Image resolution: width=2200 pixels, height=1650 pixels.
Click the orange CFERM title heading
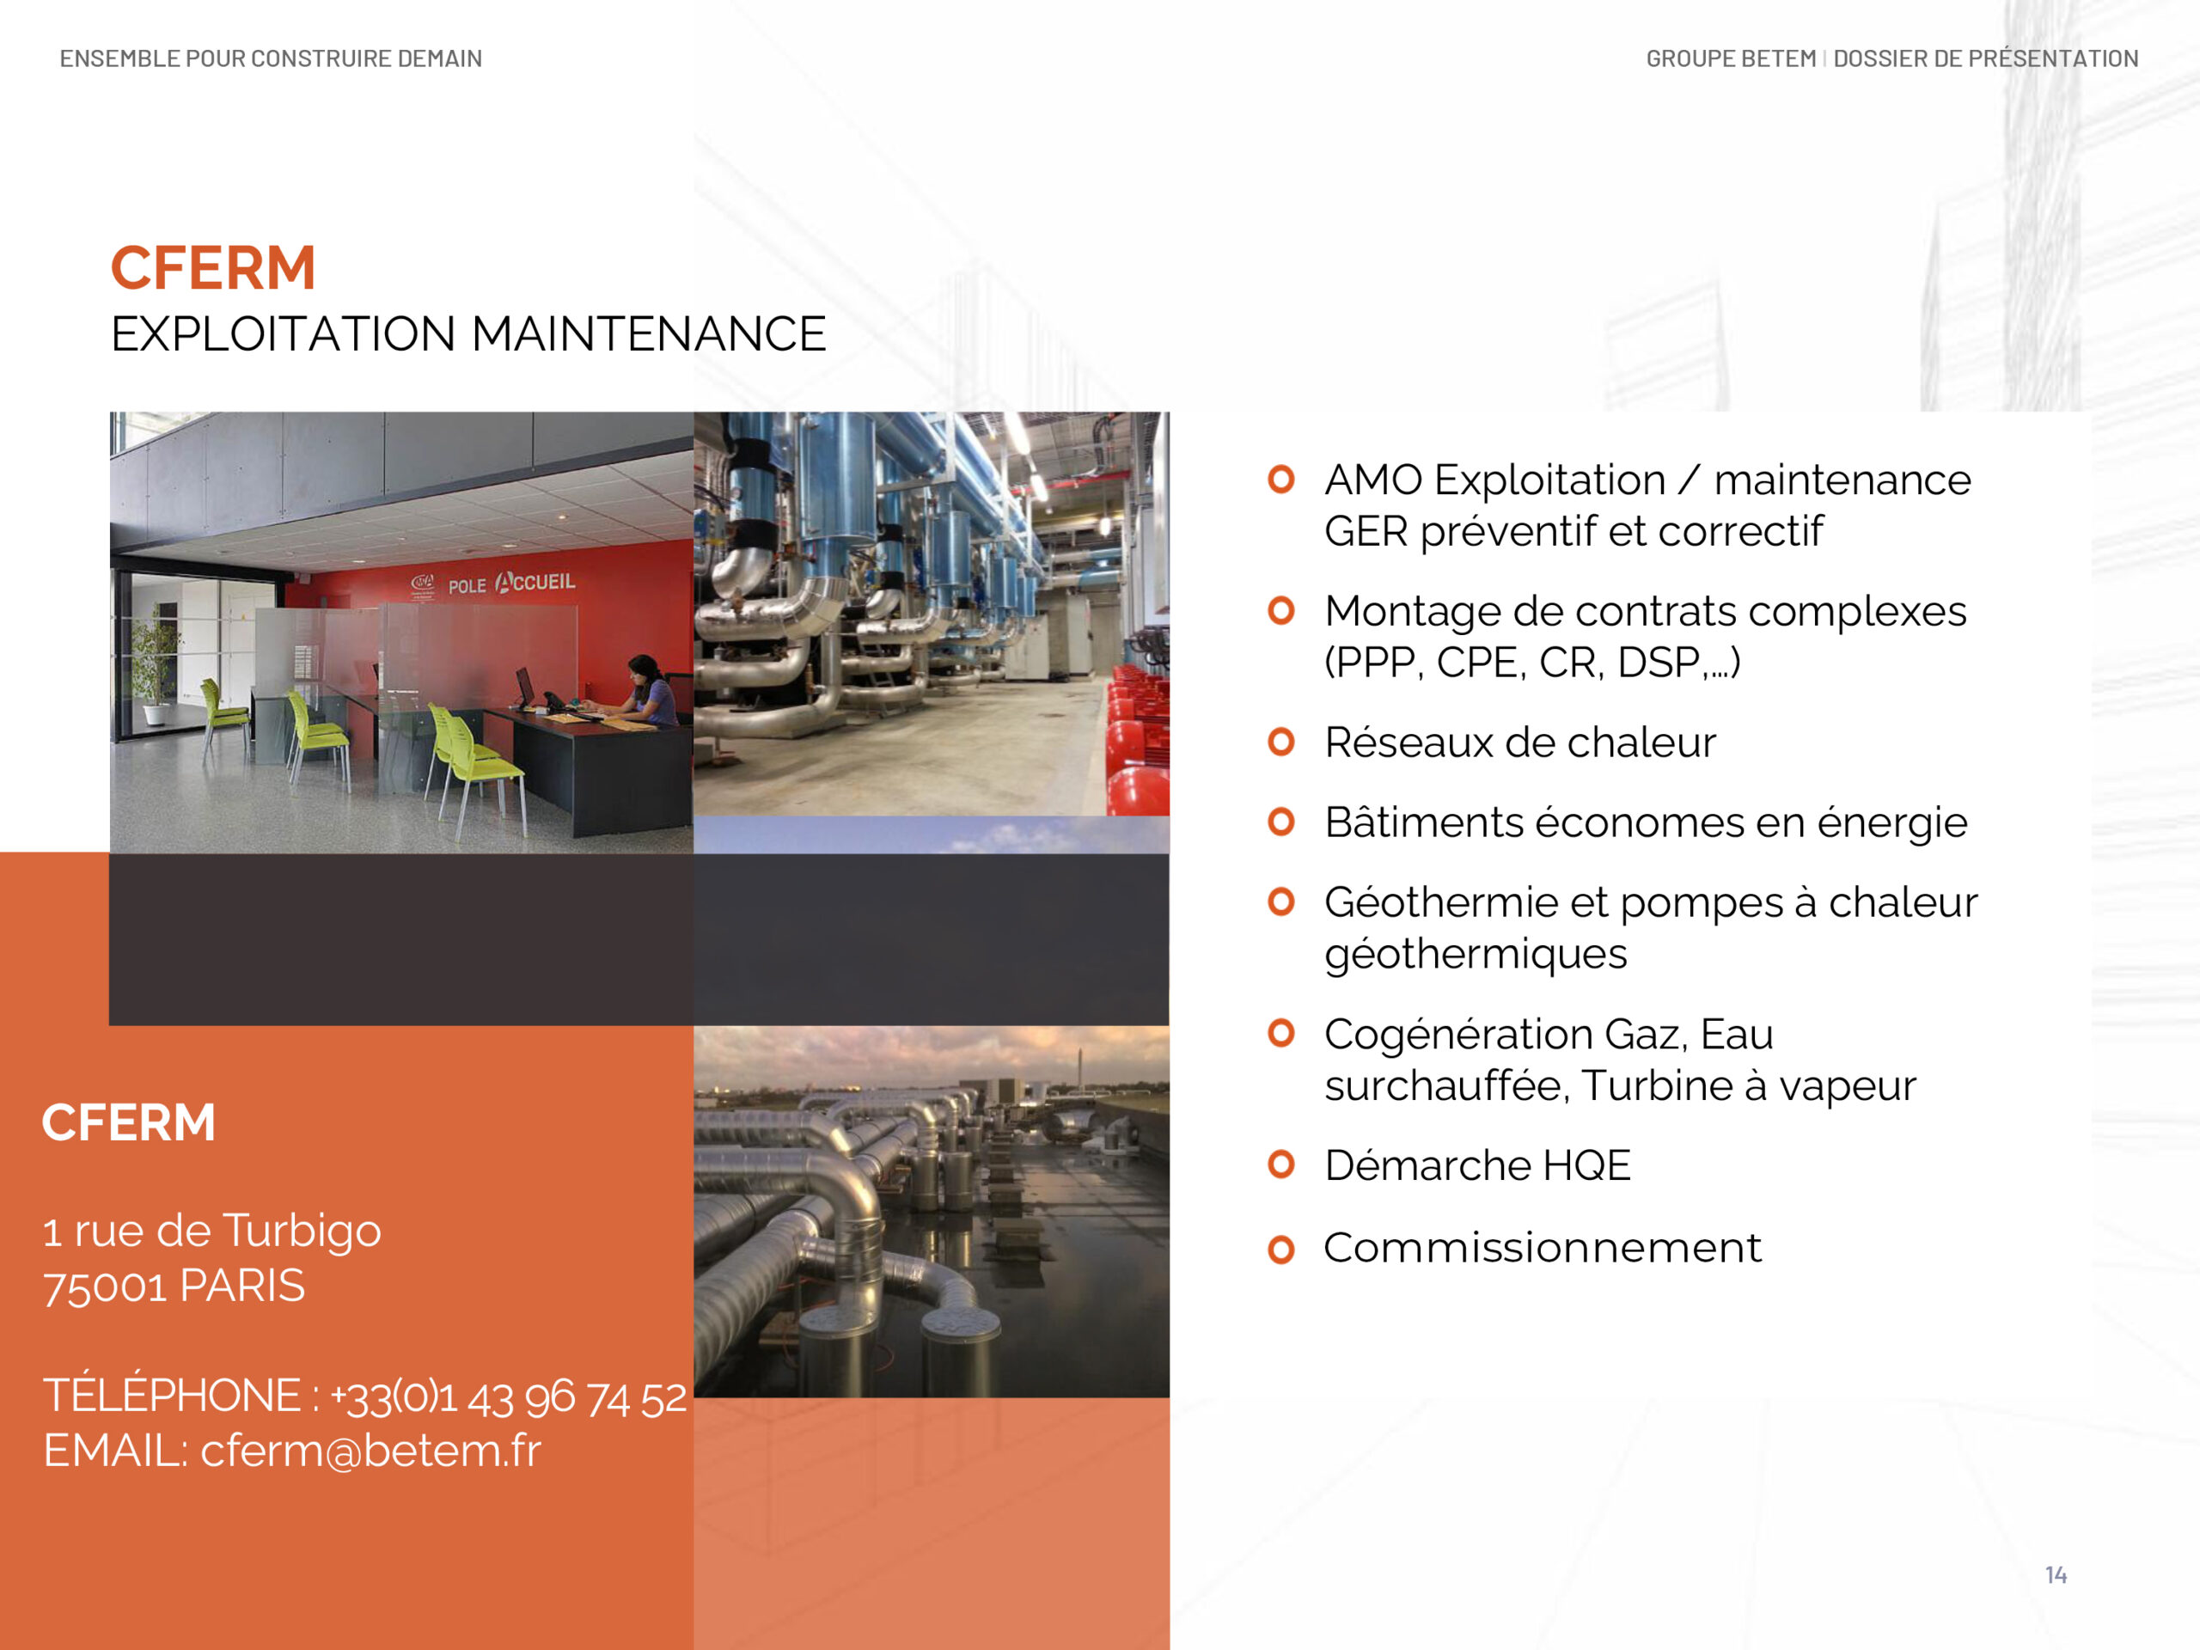213,268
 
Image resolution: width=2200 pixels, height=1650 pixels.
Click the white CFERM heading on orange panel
128,1123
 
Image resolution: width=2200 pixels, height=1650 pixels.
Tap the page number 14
2056,1574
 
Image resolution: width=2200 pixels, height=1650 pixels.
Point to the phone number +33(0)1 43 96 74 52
508,1396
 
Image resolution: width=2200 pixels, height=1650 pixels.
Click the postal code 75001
105,1287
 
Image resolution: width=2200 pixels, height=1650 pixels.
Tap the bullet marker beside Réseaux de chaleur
1281,742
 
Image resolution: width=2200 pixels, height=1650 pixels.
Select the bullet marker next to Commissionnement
1281,1250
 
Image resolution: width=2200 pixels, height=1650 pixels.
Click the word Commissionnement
1542,1248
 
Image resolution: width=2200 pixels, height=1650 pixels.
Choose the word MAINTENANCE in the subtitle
649,334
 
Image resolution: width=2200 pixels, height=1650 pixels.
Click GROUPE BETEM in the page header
1731,58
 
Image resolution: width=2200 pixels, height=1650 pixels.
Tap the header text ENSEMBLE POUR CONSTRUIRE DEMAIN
271,58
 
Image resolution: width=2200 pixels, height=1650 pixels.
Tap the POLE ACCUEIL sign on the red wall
511,583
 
